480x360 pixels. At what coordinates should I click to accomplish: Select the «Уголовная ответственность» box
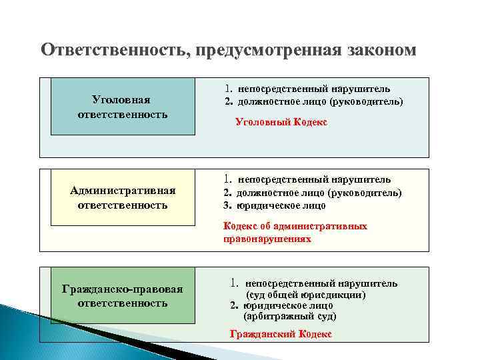121,107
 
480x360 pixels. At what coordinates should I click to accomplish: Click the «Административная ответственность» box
123,198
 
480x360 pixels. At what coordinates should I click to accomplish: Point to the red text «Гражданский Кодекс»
280,334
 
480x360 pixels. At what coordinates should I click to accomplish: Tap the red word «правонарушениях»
267,238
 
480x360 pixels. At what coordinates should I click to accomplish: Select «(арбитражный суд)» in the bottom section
290,316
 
